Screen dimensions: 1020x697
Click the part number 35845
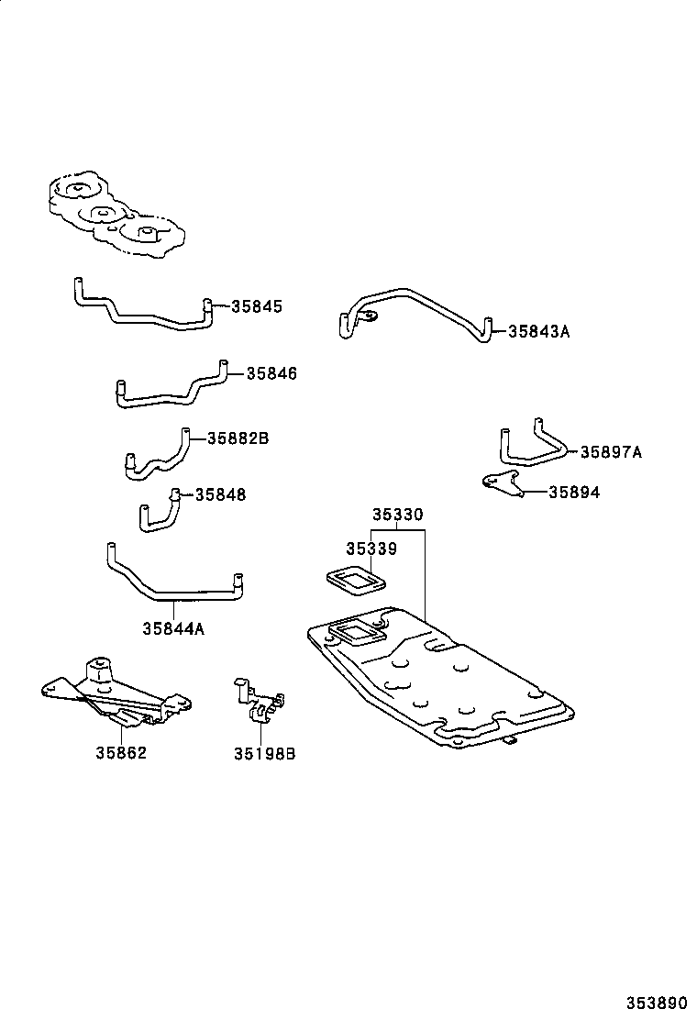tap(257, 307)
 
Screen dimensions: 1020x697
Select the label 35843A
tap(538, 331)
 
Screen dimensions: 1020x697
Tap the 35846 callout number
tap(271, 374)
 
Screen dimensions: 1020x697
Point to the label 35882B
tap(238, 439)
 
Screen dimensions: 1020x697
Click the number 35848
tap(220, 494)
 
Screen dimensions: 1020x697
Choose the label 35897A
tap(611, 452)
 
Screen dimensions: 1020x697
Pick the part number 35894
tap(574, 493)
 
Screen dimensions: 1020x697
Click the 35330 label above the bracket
tap(397, 516)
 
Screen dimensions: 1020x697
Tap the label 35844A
tap(173, 628)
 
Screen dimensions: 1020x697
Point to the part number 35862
tap(121, 753)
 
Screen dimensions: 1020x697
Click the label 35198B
tap(264, 754)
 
